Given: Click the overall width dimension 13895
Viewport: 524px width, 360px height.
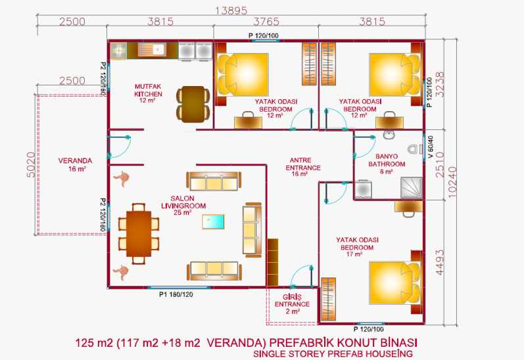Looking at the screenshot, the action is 231,11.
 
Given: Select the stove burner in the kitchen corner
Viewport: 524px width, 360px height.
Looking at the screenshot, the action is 118,51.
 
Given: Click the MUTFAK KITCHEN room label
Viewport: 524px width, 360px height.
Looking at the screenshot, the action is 148,93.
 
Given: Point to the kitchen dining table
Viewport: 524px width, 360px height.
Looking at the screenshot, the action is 193,104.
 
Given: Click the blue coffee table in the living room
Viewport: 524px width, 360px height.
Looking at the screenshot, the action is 213,222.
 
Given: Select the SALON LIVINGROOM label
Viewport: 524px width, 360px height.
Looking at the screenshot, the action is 183,205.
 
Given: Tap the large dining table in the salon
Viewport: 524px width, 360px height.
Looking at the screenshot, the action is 139,234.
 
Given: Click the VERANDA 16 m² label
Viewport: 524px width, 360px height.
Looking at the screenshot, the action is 75,165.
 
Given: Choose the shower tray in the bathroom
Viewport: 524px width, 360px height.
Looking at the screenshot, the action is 412,188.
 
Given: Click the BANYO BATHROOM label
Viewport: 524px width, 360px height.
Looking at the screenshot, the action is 387,164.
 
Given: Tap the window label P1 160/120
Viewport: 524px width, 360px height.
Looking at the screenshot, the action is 176,294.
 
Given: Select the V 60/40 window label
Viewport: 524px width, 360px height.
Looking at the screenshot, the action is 431,146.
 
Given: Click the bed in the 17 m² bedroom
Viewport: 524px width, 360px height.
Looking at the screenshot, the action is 394,283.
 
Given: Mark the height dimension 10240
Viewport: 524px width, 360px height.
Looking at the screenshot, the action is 452,182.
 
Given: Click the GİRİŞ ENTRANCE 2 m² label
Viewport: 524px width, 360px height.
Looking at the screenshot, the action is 293,304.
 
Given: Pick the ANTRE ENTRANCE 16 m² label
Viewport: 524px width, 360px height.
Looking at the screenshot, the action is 303,167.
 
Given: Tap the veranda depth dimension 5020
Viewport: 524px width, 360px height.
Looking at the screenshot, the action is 30,165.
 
